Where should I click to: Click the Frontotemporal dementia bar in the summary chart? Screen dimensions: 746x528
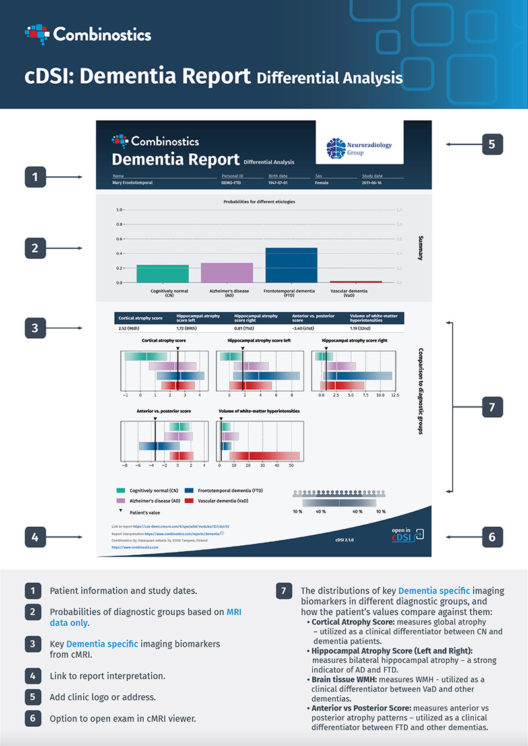291,265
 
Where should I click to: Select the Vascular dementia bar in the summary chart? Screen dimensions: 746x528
356,281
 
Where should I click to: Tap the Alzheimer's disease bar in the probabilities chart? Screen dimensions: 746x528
226,273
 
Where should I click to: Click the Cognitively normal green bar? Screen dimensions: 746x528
162,273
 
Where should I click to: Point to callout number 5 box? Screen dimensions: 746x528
492,144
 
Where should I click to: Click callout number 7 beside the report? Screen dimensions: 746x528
492,407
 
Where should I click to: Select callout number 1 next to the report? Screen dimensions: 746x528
36,176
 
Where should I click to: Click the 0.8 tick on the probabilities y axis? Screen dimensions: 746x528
119,224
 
